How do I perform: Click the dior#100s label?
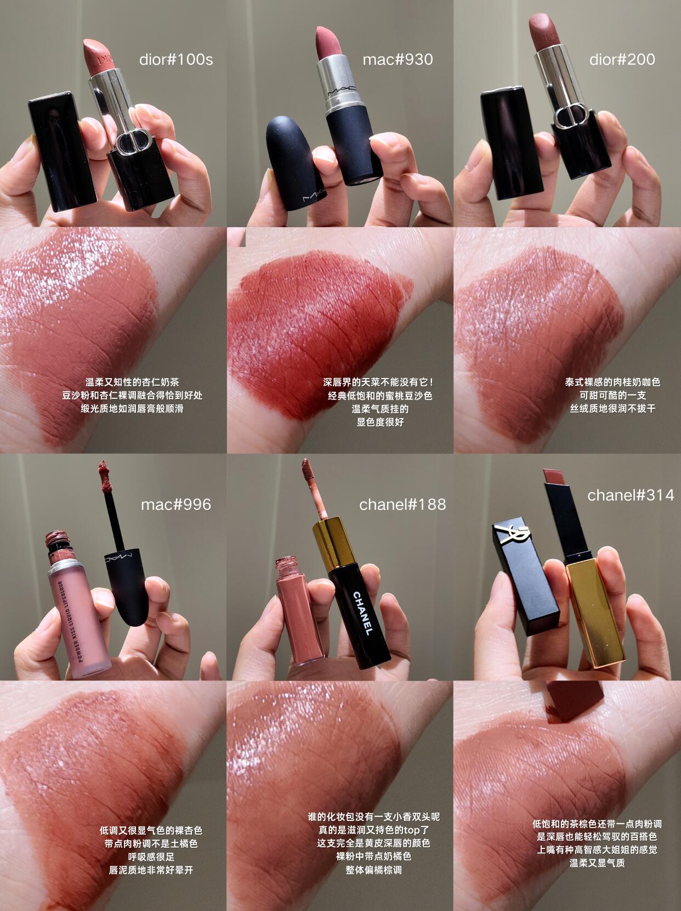click(x=176, y=60)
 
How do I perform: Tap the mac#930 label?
click(x=398, y=60)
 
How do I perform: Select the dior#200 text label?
click(x=622, y=59)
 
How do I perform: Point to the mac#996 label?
click(x=176, y=504)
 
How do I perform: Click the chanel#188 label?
click(x=402, y=504)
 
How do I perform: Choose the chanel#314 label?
click(x=631, y=494)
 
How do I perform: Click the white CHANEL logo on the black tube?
click(x=362, y=614)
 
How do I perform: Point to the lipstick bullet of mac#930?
click(x=328, y=43)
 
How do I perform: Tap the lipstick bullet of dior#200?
click(x=545, y=30)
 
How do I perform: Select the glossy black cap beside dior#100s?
click(x=62, y=151)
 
